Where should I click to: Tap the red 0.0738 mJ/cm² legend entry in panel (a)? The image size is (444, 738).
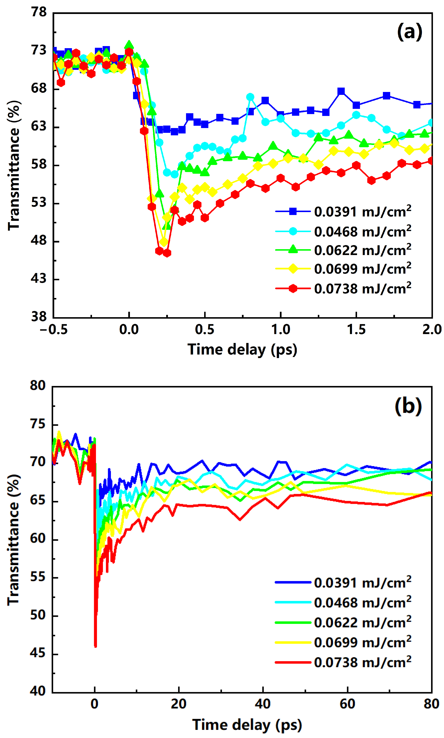[x=343, y=289]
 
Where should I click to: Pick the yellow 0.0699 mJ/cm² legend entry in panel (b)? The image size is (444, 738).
[x=343, y=642]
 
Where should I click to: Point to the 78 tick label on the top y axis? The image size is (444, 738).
[x=39, y=13]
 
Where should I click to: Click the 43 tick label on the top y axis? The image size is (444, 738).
[x=39, y=279]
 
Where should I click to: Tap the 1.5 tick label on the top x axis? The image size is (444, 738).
[x=356, y=329]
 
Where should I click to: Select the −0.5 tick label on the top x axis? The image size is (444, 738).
[x=54, y=329]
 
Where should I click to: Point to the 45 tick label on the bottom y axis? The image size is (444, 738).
[x=38, y=653]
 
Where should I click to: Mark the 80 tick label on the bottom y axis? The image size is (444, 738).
[x=38, y=386]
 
